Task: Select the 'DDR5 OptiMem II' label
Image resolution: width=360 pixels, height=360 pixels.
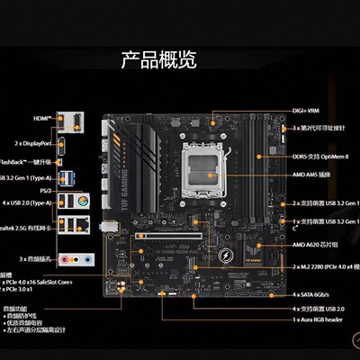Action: click(x=320, y=158)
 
